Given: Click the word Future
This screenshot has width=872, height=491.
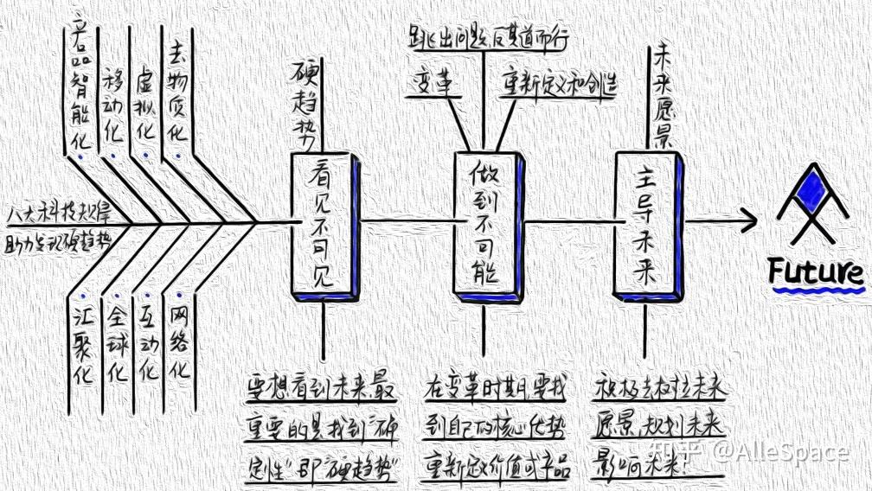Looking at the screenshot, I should tap(816, 271).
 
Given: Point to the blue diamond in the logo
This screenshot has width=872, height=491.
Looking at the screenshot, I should tap(812, 191).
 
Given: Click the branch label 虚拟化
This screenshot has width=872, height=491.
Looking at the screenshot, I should tap(145, 108).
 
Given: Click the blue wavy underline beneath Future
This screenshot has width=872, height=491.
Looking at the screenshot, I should tap(818, 291).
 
